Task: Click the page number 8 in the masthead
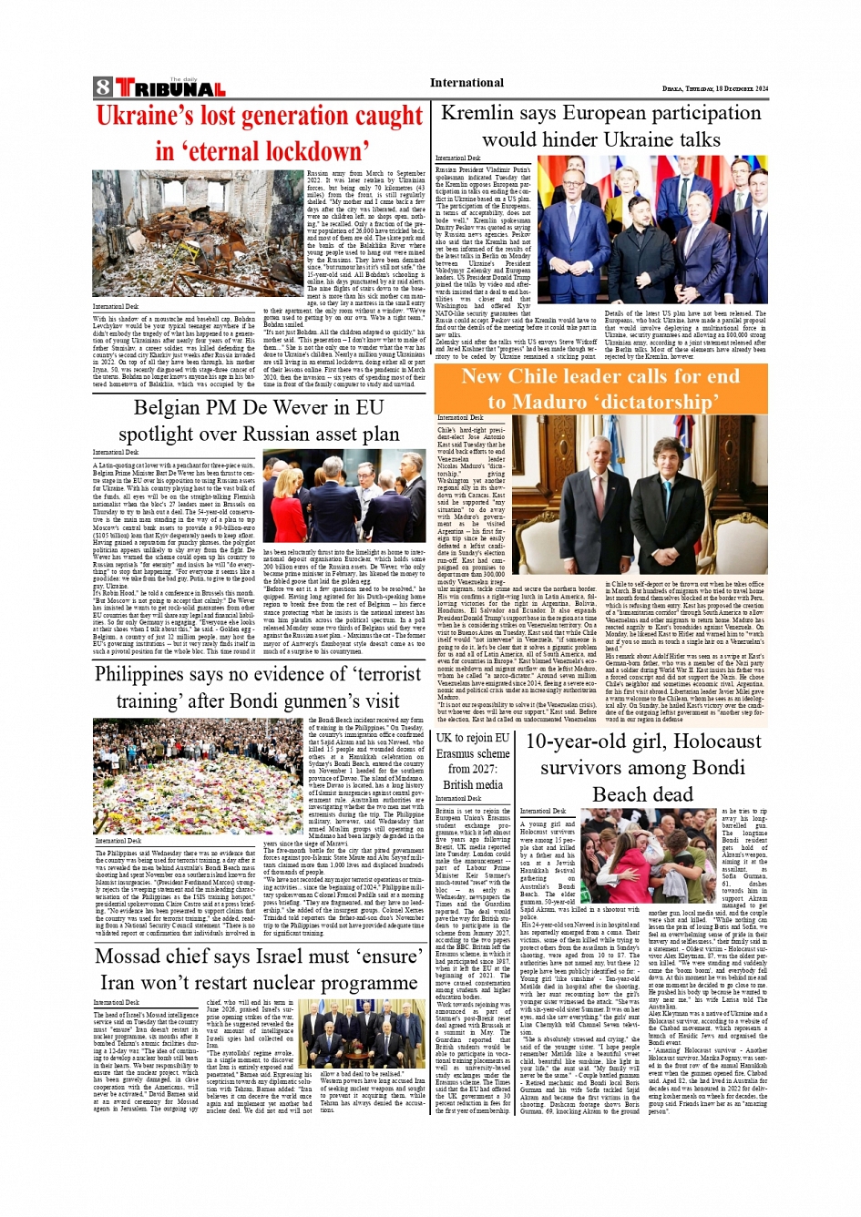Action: point(103,87)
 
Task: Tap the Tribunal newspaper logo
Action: point(169,88)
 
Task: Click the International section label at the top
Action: point(466,83)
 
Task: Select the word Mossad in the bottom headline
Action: point(142,956)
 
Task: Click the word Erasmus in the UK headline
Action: point(462,753)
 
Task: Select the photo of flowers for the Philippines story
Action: point(199,776)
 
